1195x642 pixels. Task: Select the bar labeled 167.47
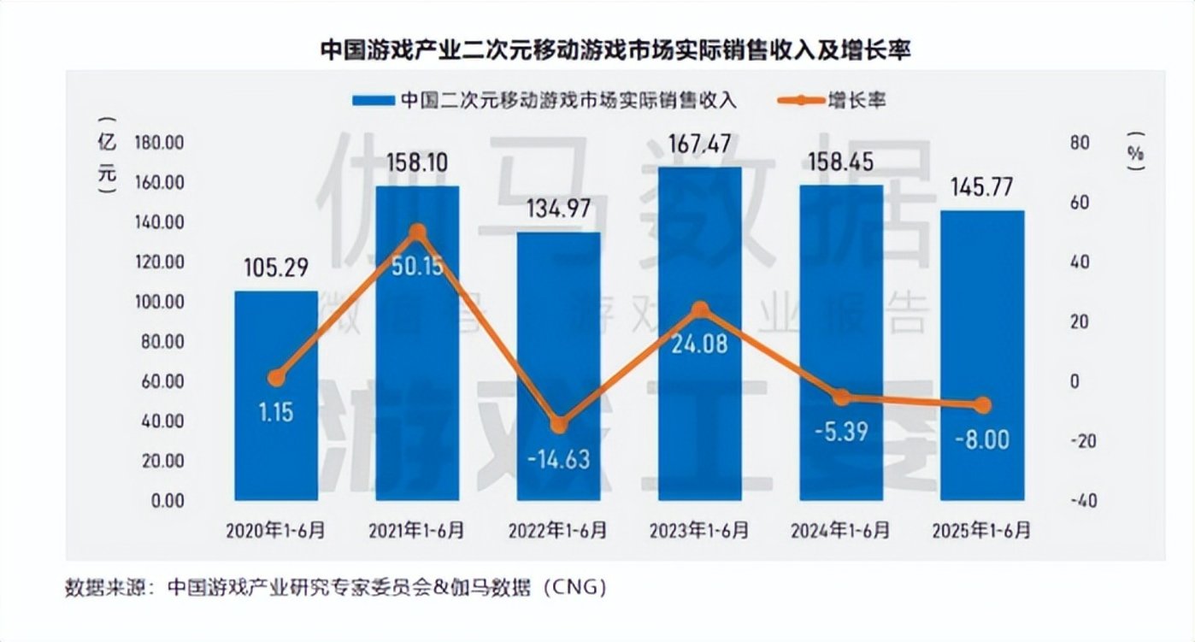click(699, 333)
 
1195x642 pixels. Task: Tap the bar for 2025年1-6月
click(981, 355)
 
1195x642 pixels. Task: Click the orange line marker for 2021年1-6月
click(417, 232)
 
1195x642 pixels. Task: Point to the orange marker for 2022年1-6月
click(558, 425)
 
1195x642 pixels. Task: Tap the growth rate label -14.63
click(558, 459)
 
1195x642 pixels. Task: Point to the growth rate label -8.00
click(981, 440)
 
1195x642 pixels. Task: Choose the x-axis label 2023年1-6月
click(699, 531)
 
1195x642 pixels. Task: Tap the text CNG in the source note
click(577, 588)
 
